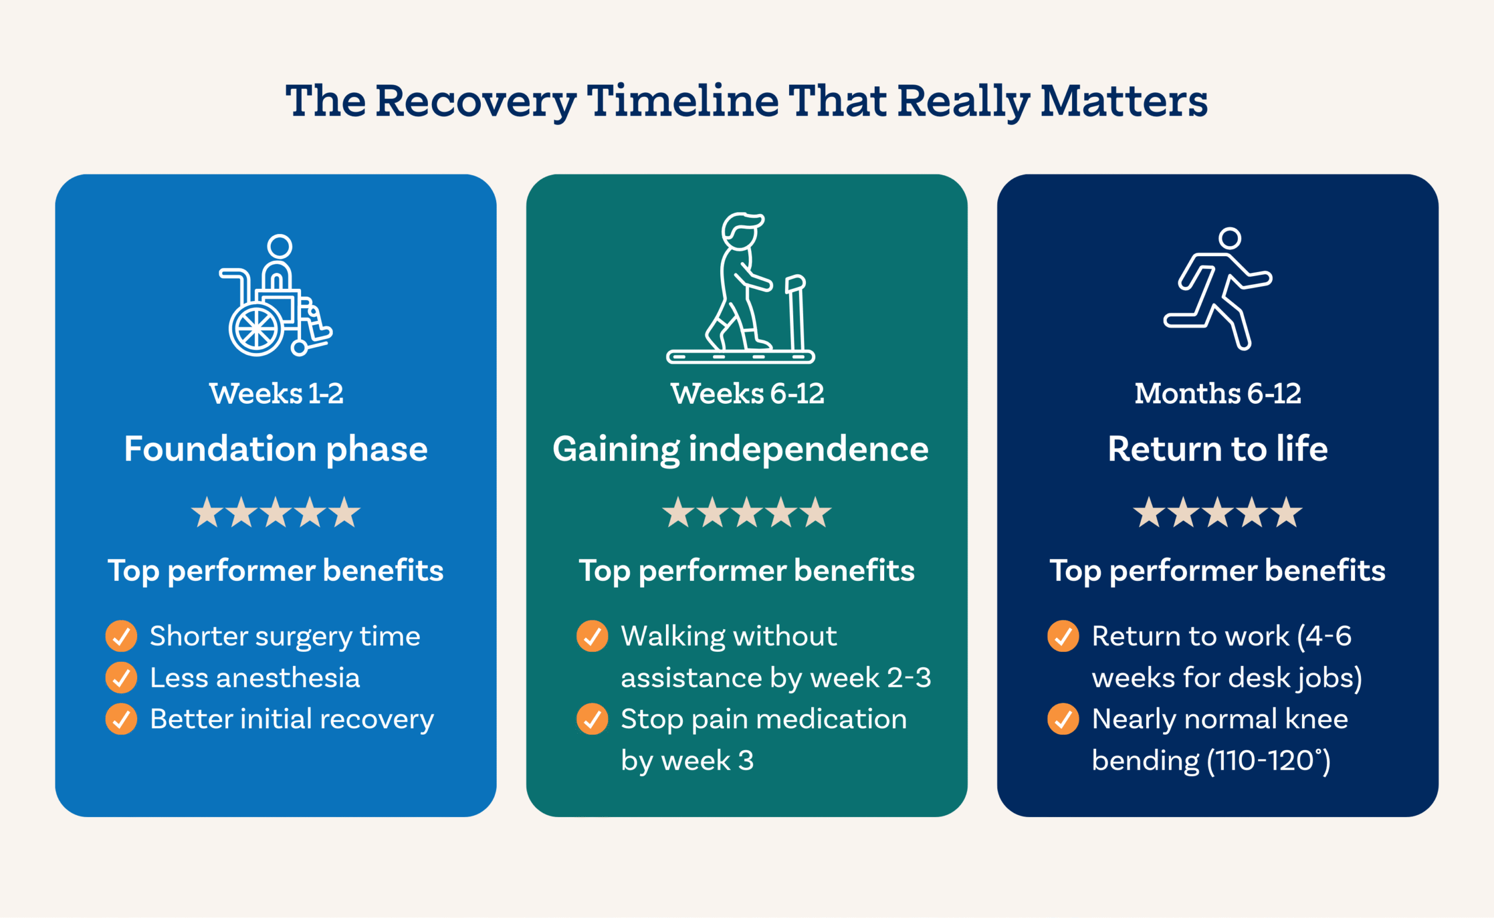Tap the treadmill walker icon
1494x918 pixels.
click(741, 288)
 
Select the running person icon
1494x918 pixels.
click(1218, 288)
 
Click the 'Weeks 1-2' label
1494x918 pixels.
click(276, 393)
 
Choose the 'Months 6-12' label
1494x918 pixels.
click(1218, 393)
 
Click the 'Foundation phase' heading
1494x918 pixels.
click(276, 449)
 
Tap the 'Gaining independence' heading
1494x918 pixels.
click(741, 449)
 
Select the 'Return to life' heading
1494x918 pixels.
click(1218, 449)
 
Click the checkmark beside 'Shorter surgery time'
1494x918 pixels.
click(121, 636)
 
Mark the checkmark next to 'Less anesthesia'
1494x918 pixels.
click(121, 678)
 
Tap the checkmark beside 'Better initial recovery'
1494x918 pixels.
click(121, 719)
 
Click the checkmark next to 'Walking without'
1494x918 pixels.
click(592, 636)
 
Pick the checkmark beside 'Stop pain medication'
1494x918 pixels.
click(592, 719)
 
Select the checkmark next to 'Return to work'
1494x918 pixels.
click(1063, 636)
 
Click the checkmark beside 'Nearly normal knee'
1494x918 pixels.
click(1063, 719)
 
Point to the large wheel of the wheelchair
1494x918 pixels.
click(256, 330)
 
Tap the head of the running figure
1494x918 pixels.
click(1230, 238)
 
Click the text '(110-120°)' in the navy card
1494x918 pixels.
click(1269, 760)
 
